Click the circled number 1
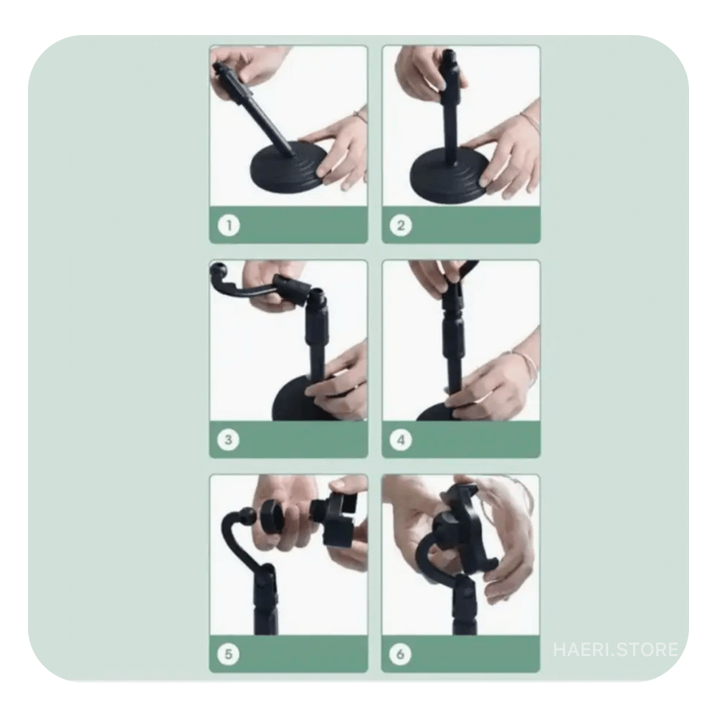[229, 225]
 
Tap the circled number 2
[401, 225]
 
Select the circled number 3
[228, 440]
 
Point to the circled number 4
[401, 440]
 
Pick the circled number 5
[228, 654]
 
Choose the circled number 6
[400, 654]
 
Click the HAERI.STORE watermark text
[615, 650]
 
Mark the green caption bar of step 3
[288, 439]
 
